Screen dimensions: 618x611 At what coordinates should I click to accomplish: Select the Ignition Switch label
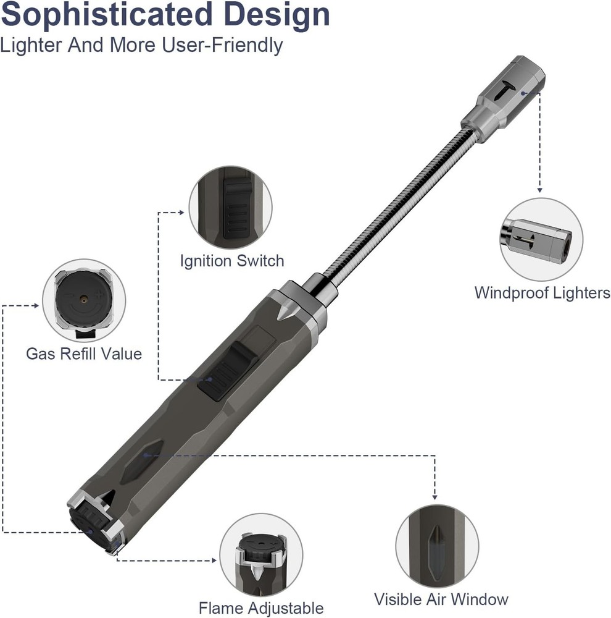(232, 260)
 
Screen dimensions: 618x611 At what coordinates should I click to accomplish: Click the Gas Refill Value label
(84, 353)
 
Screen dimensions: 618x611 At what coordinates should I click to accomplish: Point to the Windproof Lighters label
(542, 292)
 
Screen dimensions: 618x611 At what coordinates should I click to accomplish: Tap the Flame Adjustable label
(261, 607)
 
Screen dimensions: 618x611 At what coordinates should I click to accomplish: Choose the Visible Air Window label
(441, 599)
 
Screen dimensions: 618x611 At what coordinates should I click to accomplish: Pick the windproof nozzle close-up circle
(541, 239)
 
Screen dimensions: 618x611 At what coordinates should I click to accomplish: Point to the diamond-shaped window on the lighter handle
(142, 461)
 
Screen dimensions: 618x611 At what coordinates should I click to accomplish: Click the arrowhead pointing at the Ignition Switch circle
(181, 213)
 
